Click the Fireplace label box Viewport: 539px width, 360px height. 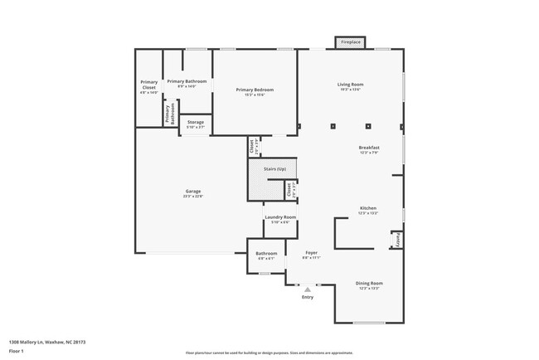[x=351, y=41]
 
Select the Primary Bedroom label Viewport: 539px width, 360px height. [x=254, y=90]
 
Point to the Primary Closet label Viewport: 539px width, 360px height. [x=148, y=84]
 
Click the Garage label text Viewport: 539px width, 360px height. [x=192, y=192]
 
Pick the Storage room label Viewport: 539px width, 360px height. [x=195, y=122]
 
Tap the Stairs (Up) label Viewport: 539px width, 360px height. [x=274, y=168]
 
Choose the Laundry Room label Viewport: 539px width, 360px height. [x=279, y=217]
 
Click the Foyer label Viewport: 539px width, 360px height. [x=311, y=252]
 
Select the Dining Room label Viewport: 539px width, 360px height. [x=368, y=283]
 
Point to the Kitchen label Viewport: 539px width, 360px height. [x=368, y=208]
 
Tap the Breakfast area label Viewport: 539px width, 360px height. [x=368, y=148]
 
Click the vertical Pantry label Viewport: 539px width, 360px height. [x=398, y=240]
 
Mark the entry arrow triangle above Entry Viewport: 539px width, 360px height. [x=308, y=289]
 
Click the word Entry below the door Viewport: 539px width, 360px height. [x=308, y=297]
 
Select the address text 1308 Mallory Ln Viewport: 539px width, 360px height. [x=47, y=342]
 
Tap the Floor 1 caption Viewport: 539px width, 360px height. [x=17, y=352]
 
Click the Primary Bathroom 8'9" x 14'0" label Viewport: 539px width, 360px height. [x=187, y=82]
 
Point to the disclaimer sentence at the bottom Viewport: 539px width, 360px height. [x=269, y=352]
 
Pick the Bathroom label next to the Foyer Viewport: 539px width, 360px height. [x=266, y=254]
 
